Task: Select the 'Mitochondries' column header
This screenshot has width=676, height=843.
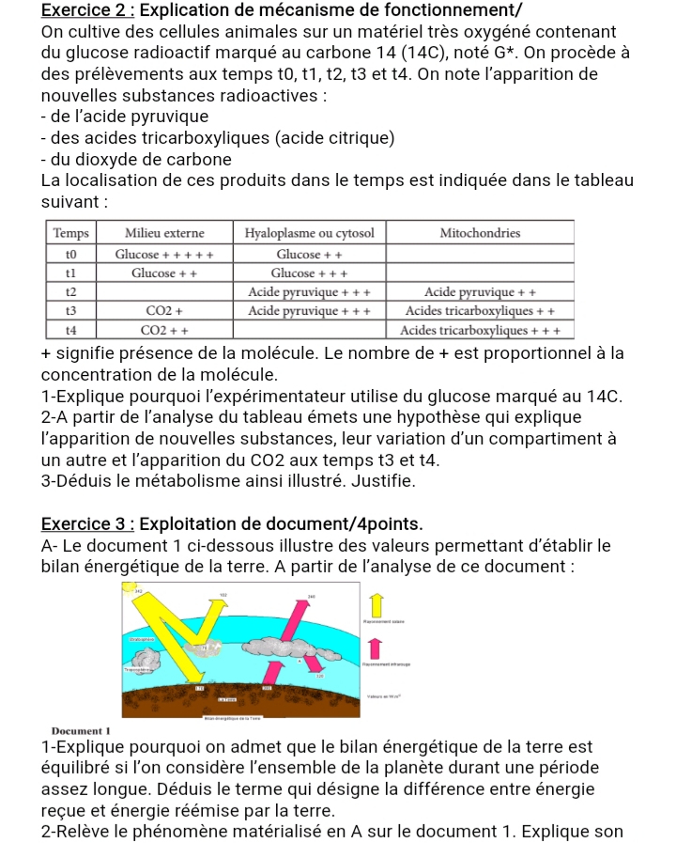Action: [x=480, y=232]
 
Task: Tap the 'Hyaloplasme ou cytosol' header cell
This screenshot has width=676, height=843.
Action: [x=309, y=232]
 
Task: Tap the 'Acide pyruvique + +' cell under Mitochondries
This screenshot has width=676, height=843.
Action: [x=480, y=291]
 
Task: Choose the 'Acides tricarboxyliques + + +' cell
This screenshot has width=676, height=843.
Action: [x=480, y=330]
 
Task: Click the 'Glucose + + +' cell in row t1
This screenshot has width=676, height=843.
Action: [x=309, y=273]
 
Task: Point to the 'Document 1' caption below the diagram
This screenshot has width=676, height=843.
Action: [x=83, y=730]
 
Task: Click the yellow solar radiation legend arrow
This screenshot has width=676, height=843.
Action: [x=376, y=604]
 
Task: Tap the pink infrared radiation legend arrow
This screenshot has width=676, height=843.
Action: [x=376, y=648]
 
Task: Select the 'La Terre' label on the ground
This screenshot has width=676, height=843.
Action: [x=230, y=698]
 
